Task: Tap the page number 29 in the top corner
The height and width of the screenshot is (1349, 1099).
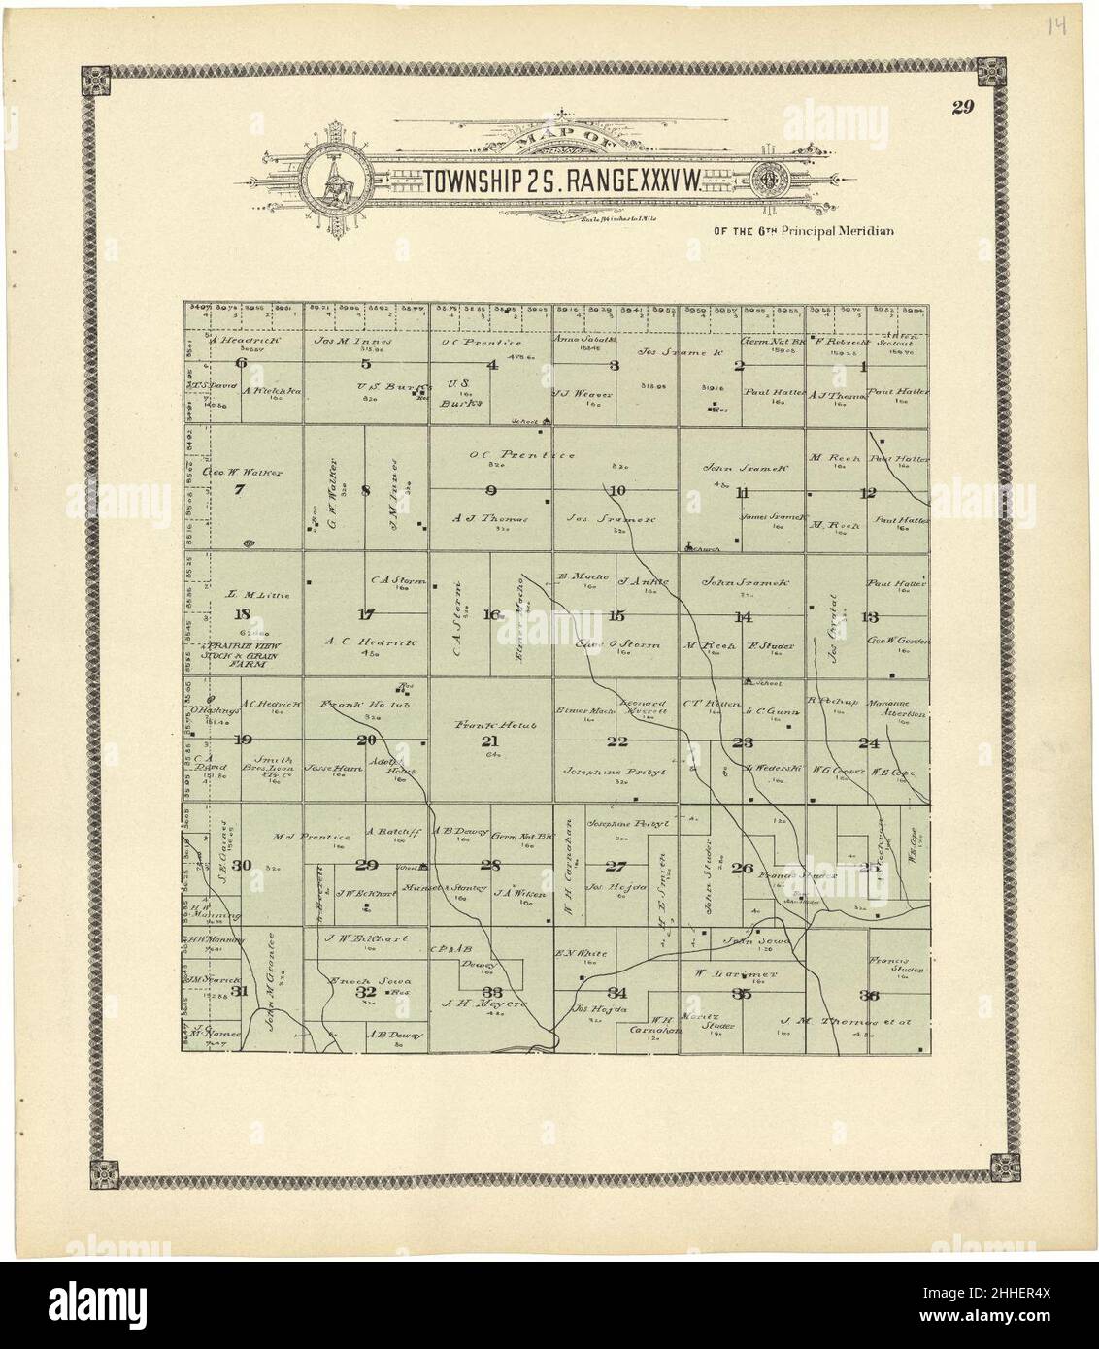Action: tap(962, 107)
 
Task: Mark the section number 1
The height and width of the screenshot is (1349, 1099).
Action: tap(862, 366)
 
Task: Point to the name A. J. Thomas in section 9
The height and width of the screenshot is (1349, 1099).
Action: tap(490, 518)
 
